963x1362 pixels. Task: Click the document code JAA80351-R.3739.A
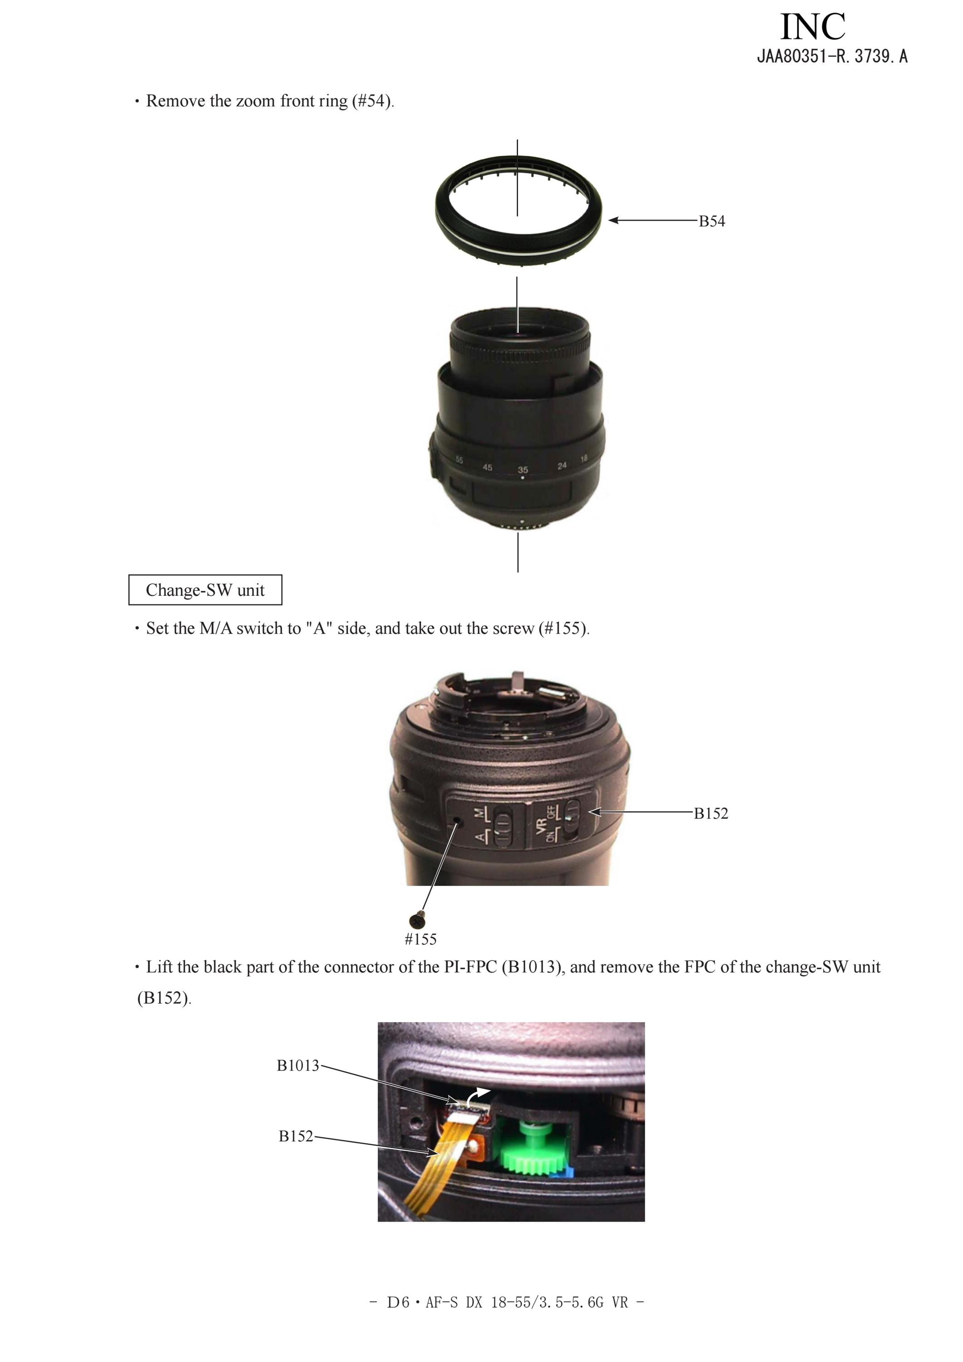[x=832, y=57]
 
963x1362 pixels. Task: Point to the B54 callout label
[x=711, y=221]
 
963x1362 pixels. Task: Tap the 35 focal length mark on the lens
[x=523, y=469]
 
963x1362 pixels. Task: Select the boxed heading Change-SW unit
[x=205, y=589]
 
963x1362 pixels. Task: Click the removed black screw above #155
[x=417, y=920]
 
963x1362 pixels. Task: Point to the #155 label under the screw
[x=420, y=939]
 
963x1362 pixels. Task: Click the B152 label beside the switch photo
[x=711, y=813]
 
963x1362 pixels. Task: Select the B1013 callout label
[x=298, y=1065]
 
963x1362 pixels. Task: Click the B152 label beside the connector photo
[x=296, y=1136]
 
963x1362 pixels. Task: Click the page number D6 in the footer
[x=398, y=1302]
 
